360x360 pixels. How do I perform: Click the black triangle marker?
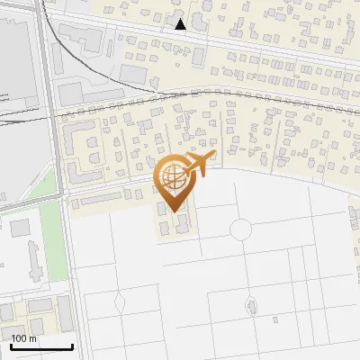pos(181,24)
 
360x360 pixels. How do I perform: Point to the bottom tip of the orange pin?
pos(174,212)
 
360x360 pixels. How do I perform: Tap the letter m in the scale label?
pos(32,338)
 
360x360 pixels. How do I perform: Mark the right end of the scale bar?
pos(72,346)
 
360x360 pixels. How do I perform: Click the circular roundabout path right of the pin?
pos(241,229)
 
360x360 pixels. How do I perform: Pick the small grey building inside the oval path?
pos(251,308)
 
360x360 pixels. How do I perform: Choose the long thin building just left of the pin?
pos(101,195)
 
